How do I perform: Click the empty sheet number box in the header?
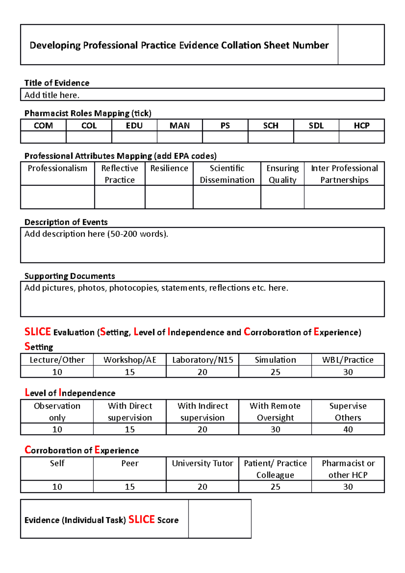pos(361,45)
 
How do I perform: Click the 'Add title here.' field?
pos(52,95)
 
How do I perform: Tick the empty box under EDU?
pos(134,137)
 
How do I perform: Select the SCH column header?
pos(271,126)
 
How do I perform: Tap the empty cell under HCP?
pos(361,137)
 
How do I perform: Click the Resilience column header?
pos(169,168)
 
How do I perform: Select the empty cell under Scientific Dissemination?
pos(227,197)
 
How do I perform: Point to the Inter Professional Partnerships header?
pos(344,174)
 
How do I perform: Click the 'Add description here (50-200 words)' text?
pos(96,234)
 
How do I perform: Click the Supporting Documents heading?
pos(70,276)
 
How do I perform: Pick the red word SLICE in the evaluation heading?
pos(37,332)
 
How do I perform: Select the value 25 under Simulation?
pos(275,372)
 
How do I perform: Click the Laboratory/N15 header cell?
pos(202,360)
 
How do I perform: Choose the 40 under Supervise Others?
pos(348,429)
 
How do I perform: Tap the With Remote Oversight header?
pos(275,411)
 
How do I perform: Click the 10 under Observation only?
pos(57,429)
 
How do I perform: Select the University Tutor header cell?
pos(202,463)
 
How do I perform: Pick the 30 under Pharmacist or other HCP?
pos(348,487)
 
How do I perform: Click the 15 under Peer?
pos(130,487)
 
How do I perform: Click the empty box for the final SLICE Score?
pos(220,519)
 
